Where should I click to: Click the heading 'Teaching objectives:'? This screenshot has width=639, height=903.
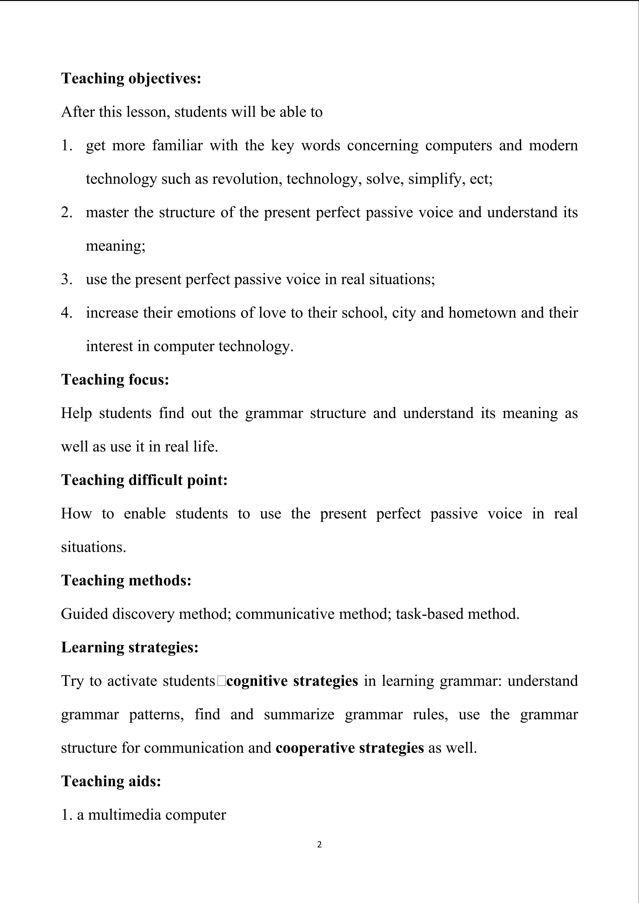pos(131,79)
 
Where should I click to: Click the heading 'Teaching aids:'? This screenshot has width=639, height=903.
pos(111,781)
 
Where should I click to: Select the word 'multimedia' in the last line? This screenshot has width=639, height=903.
pos(124,814)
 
